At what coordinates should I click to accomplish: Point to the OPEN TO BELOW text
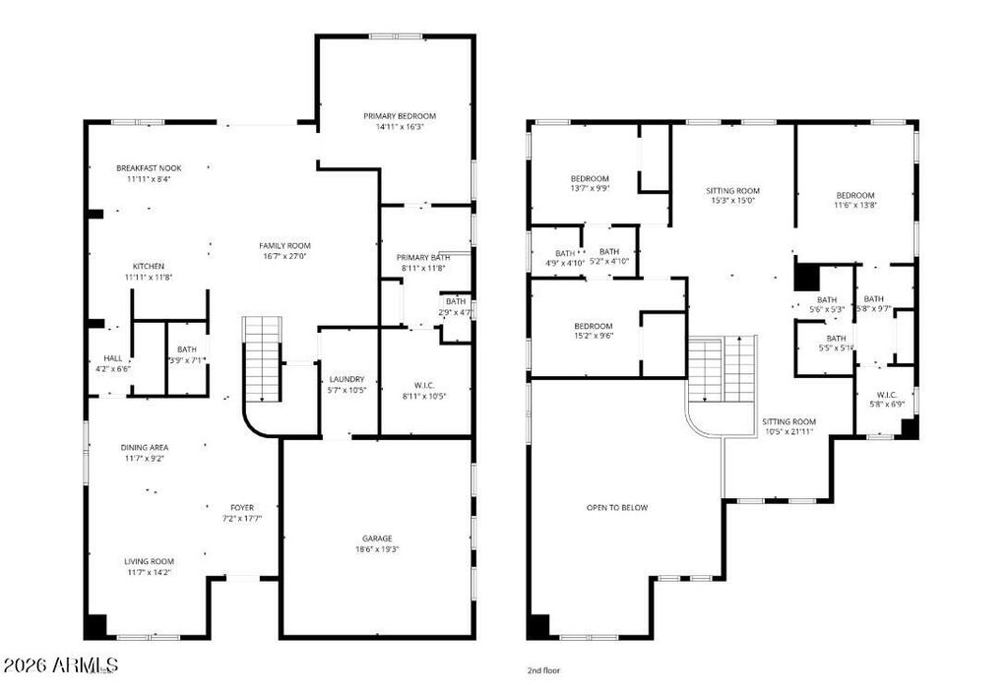[x=617, y=507]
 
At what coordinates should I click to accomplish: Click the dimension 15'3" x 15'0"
[x=733, y=201]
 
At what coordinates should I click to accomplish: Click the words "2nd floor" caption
[x=543, y=670]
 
